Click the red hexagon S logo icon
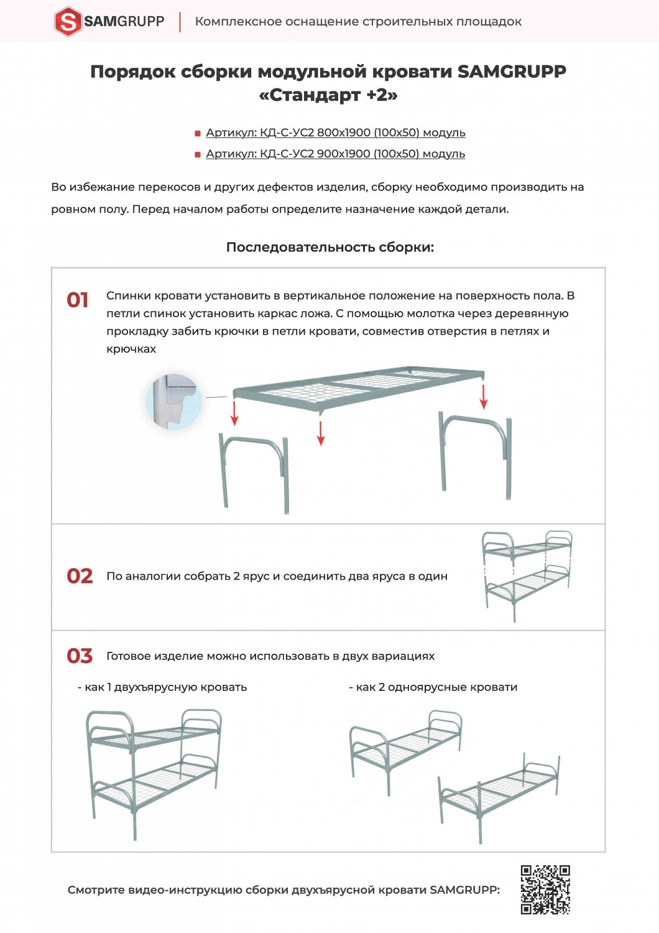[x=68, y=21]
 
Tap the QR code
[x=545, y=889]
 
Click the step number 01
[x=78, y=300]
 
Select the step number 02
[x=80, y=576]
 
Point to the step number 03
[x=80, y=656]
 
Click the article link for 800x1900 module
[x=336, y=132]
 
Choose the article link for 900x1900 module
[x=336, y=154]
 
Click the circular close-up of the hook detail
[x=174, y=402]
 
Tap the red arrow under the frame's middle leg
[x=321, y=433]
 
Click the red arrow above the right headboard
[x=484, y=397]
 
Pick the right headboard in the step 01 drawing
[x=476, y=454]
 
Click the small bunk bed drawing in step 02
[x=527, y=575]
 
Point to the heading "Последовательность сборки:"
[x=329, y=247]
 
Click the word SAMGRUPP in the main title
[x=512, y=72]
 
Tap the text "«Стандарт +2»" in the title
[x=328, y=95]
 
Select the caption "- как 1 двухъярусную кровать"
[x=162, y=687]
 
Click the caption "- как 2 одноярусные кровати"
[x=433, y=687]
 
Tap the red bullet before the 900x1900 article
[x=198, y=154]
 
